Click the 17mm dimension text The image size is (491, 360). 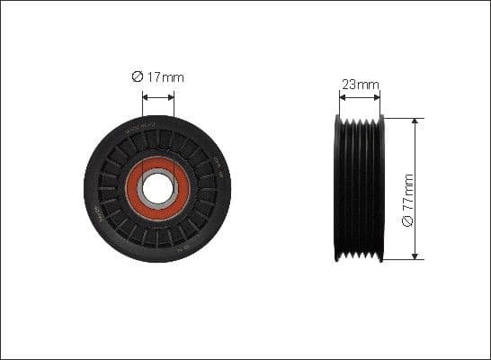169,77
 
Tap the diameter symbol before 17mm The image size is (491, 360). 138,77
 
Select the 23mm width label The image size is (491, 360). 360,85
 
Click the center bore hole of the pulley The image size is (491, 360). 157,188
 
